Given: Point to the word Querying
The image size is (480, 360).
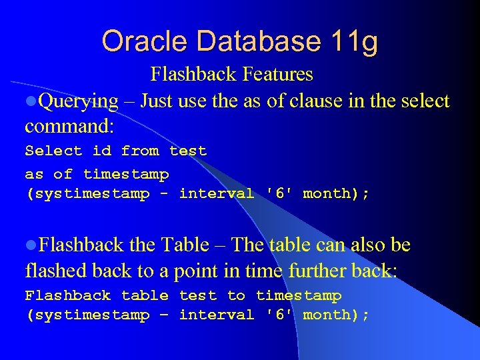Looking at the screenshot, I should pyautogui.click(x=78, y=101).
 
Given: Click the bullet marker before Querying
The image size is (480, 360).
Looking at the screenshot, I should pyautogui.click(x=30, y=102).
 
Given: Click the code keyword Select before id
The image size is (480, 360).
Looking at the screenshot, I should pyautogui.click(x=53, y=151).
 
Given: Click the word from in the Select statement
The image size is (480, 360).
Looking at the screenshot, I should pyautogui.click(x=140, y=151).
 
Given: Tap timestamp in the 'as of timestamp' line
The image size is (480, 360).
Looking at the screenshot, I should pyautogui.click(x=126, y=175).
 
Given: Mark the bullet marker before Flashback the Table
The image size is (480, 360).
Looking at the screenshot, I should pyautogui.click(x=30, y=246).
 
